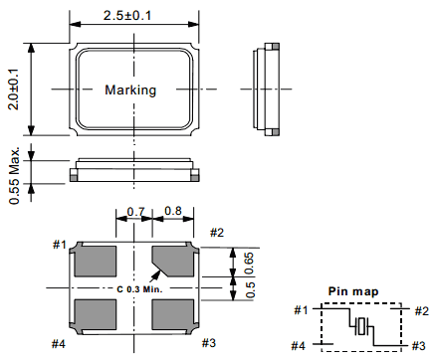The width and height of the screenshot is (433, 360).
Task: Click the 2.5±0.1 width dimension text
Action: coord(127,16)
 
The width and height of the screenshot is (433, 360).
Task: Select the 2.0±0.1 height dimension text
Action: coord(14,90)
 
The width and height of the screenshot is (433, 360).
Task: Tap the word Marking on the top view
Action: coord(130,90)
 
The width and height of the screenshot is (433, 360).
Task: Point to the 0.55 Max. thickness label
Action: coord(14,175)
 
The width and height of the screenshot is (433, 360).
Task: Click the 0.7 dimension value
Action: coord(136,212)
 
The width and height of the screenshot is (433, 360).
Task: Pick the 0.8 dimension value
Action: coord(173,211)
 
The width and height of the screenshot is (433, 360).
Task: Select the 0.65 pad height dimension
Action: coord(249,264)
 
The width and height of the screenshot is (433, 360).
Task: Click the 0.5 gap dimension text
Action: coord(250,289)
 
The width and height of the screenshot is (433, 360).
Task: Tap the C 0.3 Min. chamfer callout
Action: coord(139,289)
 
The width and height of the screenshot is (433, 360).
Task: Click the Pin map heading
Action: coord(353,291)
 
